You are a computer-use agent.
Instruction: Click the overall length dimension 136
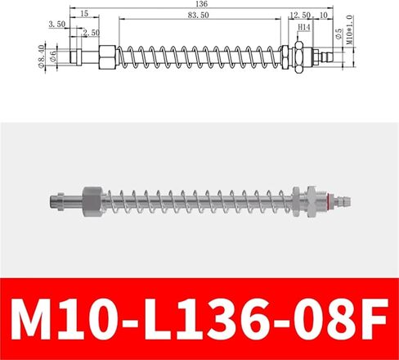point(201,4)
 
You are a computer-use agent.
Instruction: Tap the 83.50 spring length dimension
point(198,16)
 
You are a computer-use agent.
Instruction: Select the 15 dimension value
point(85,13)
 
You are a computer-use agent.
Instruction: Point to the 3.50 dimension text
point(57,25)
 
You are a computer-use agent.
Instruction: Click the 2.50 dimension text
point(92,33)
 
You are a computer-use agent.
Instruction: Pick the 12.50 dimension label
point(300,16)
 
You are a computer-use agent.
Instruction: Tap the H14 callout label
point(304,27)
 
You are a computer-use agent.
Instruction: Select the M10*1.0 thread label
point(350,29)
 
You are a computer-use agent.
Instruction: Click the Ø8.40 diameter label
point(41,56)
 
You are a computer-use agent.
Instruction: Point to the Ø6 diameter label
point(53,56)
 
